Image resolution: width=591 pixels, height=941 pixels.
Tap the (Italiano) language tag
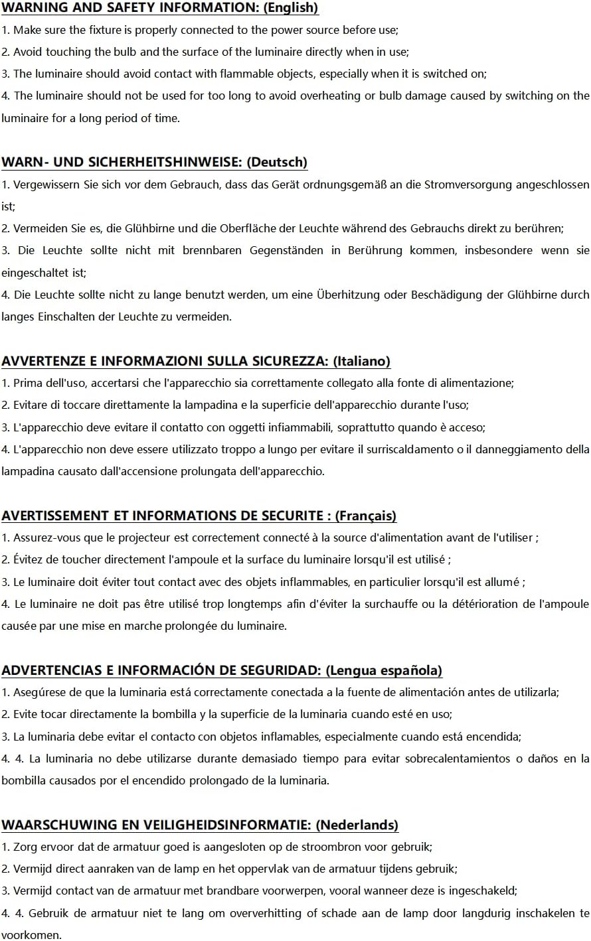point(361,361)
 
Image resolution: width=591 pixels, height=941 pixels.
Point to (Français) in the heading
point(366,516)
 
